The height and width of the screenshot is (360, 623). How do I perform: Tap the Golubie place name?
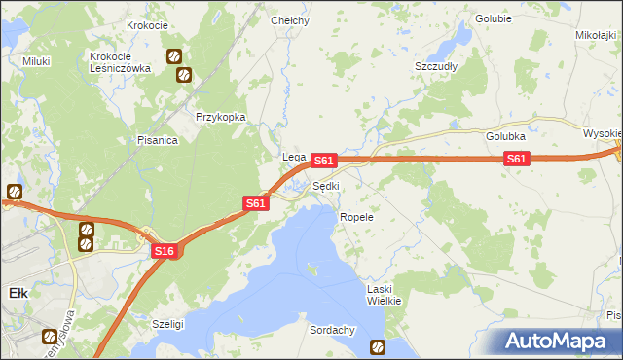(494, 18)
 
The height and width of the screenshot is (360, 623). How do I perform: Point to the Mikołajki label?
(597, 35)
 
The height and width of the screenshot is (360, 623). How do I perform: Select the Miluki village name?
(36, 61)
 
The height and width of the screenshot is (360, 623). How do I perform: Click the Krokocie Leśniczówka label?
(117, 62)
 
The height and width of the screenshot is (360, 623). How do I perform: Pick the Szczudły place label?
(436, 66)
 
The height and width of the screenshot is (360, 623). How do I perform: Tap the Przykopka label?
(219, 117)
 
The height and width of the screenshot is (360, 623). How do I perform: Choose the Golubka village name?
(506, 137)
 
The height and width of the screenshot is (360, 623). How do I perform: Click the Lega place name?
(294, 157)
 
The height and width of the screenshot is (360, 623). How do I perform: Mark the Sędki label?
(326, 186)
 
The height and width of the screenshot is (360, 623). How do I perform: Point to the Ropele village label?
(356, 217)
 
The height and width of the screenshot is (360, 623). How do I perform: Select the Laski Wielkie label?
(384, 295)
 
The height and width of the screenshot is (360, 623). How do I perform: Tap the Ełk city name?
(18, 292)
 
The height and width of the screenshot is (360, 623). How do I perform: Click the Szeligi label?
(168, 322)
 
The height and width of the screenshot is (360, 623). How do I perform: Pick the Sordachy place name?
(332, 330)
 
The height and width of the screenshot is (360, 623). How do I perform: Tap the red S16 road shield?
(164, 251)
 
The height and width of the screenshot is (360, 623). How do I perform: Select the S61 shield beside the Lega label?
(325, 160)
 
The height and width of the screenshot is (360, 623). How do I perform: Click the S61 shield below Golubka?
(516, 159)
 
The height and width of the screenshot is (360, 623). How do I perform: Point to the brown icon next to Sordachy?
(377, 345)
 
